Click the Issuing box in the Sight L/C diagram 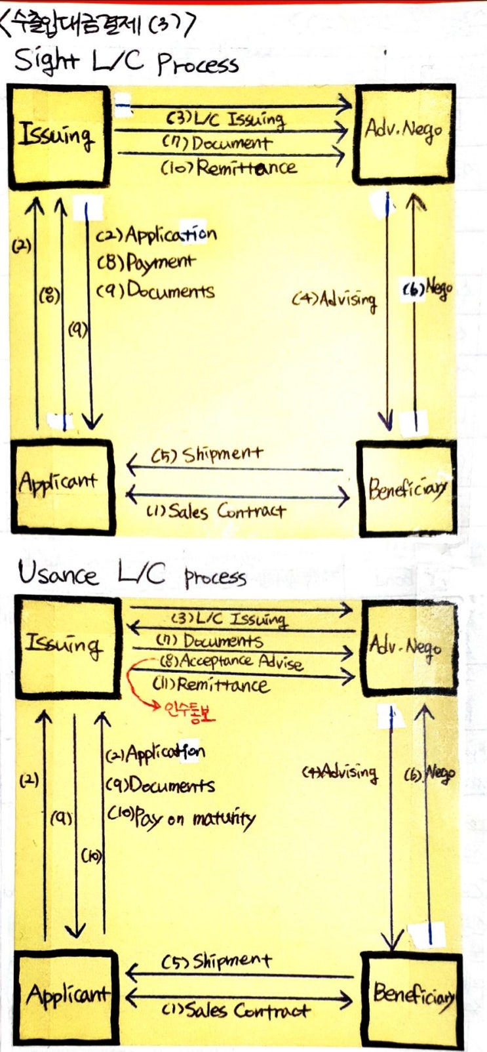point(58,136)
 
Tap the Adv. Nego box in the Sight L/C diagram point(403,134)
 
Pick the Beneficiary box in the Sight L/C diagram point(406,487)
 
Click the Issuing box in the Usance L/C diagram point(66,646)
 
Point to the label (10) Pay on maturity point(181,818)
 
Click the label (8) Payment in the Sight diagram point(146,263)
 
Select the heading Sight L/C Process point(126,63)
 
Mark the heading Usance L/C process point(131,575)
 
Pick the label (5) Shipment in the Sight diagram point(207,455)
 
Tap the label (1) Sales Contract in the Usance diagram point(235,1011)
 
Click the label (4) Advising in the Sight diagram point(334,300)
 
